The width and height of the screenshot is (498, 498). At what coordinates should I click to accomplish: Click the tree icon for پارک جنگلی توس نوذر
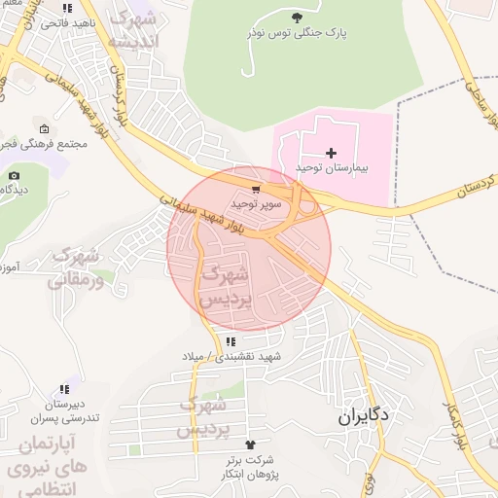pyautogui.click(x=297, y=18)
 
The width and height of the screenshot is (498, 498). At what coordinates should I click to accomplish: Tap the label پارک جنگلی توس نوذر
pyautogui.click(x=300, y=33)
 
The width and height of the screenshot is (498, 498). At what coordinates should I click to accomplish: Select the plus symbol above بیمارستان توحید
pyautogui.click(x=332, y=153)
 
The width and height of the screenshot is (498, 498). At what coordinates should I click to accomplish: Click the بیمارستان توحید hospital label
pyautogui.click(x=332, y=168)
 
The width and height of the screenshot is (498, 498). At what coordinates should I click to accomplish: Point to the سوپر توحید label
pyautogui.click(x=256, y=204)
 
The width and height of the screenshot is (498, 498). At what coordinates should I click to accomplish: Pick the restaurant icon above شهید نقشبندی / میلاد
pyautogui.click(x=231, y=341)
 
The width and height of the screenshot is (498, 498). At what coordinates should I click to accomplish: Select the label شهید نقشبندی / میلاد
pyautogui.click(x=231, y=357)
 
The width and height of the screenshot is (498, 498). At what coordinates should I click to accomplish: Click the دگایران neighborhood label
pyautogui.click(x=364, y=415)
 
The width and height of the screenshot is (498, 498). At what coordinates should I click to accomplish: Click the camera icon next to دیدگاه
pyautogui.click(x=14, y=175)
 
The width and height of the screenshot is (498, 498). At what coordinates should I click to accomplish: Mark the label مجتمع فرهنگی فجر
pyautogui.click(x=53, y=144)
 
